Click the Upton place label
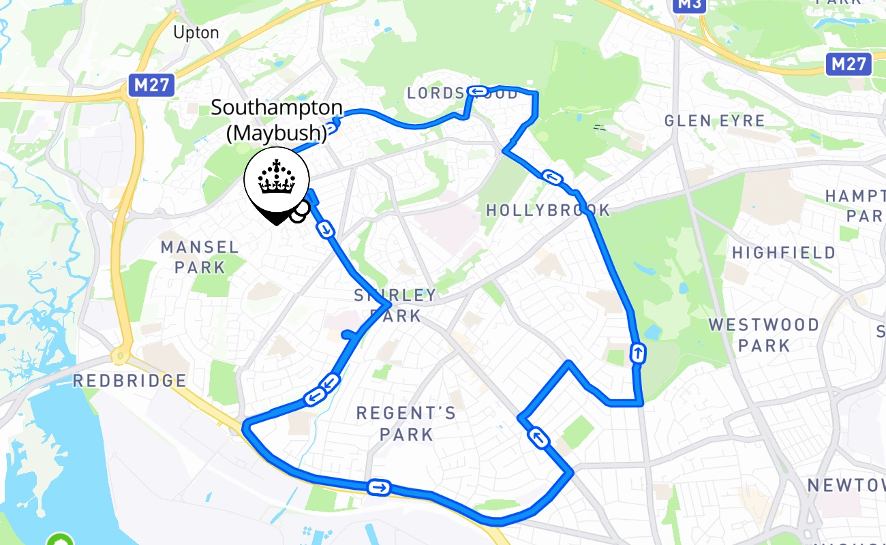coord(196,33)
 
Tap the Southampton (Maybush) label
coord(276,119)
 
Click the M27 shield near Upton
coord(151,85)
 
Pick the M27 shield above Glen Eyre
coord(849,65)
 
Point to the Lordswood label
coord(463,93)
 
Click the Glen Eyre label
coord(715,121)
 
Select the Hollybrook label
coord(548,211)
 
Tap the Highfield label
coord(784,253)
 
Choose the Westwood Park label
coord(764,334)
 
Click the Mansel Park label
coord(200,257)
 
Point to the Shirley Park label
coord(395,305)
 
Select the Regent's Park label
coord(406,423)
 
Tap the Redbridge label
coord(129,380)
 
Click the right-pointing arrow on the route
coord(378,487)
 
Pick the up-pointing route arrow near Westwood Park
coord(637,353)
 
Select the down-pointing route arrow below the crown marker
coord(326,230)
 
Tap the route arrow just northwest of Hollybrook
coord(553,178)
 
